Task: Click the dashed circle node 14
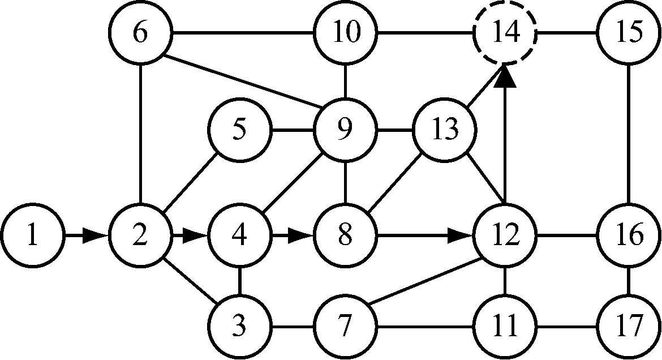coord(505,33)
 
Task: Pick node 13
coord(445,130)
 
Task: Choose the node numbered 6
coord(140,33)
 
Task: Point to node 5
coord(239,130)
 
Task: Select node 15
coord(630,33)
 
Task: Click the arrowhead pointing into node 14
coord(505,76)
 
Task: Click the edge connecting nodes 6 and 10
coord(242,33)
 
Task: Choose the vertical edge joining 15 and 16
coord(630,134)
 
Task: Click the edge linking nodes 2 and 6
coord(140,134)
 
